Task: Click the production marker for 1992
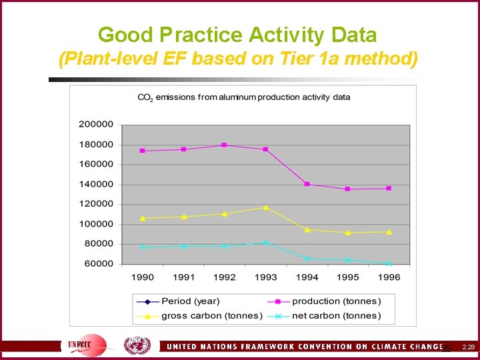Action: click(224, 145)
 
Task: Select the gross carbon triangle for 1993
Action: click(265, 207)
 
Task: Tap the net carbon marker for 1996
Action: click(389, 264)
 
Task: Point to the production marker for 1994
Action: click(307, 184)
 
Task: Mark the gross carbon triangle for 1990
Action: click(143, 218)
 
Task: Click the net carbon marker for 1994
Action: click(307, 258)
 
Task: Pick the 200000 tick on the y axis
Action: click(96, 124)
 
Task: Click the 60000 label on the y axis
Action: click(99, 264)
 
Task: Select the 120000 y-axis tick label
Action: click(96, 204)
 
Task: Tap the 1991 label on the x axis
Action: click(183, 277)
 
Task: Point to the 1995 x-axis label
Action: click(347, 277)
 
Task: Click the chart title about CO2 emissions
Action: click(243, 97)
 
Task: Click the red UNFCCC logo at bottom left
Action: click(87, 345)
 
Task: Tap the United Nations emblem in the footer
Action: click(137, 345)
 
